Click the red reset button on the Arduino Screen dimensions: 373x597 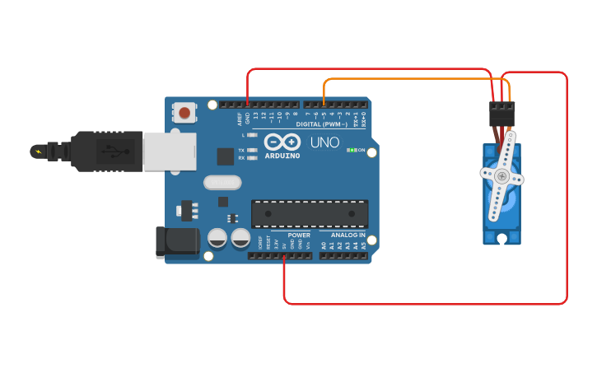point(184,112)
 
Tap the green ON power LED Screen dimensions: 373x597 point(352,150)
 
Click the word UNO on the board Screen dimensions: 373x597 point(324,142)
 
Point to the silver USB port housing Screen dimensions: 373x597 point(170,152)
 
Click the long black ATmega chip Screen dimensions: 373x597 point(310,213)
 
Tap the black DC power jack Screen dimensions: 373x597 point(178,241)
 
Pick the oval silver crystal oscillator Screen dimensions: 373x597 point(222,181)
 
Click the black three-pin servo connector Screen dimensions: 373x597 point(501,113)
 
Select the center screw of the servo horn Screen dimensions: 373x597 point(501,175)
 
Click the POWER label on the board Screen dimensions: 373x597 point(299,235)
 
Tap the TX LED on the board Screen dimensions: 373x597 point(252,151)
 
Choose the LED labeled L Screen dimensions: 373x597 point(252,134)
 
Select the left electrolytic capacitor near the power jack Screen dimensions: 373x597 point(217,238)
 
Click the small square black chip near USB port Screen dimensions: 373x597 point(225,156)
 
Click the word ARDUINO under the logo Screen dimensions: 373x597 point(282,155)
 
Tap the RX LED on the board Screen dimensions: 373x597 point(252,157)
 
